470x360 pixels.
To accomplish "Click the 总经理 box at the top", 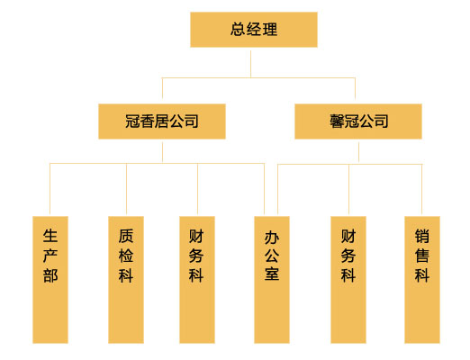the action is click(254, 30).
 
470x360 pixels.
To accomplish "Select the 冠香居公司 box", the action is click(162, 121).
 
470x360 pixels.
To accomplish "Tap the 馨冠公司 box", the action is click(358, 121).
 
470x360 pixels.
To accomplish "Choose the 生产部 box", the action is click(50, 280).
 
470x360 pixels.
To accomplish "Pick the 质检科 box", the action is click(126, 280).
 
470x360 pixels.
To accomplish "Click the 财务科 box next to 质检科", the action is click(197, 280).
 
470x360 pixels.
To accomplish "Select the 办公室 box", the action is click(272, 280).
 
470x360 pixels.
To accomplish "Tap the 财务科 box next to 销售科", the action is click(348, 280).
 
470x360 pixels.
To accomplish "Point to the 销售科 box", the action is click(422, 280).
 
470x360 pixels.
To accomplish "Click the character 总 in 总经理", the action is click(238, 30).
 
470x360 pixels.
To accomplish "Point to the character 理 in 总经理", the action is click(270, 30).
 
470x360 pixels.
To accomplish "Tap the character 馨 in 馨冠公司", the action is click(337, 121).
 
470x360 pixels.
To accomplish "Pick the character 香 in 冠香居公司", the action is click(147, 121).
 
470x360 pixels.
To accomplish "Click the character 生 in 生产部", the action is click(50, 236).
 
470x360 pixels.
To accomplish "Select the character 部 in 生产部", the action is click(50, 275).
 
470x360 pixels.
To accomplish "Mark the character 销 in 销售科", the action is click(422, 236).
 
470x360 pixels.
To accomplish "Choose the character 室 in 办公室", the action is click(272, 274).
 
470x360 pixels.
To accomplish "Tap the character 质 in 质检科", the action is click(126, 236).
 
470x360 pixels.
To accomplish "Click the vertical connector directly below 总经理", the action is click(250, 64).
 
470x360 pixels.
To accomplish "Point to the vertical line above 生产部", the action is click(50, 188).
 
